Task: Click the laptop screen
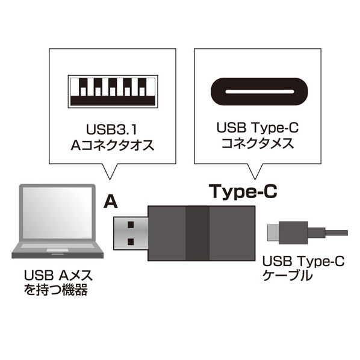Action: (57, 213)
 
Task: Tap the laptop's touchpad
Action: (57, 250)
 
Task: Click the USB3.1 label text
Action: (112, 129)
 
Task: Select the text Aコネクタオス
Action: (113, 145)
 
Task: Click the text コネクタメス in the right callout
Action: (258, 143)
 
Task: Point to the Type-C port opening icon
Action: (259, 92)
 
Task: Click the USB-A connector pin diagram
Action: (113, 92)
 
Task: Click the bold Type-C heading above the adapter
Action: (243, 191)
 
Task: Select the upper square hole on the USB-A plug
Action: (131, 225)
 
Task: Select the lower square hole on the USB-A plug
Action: (131, 242)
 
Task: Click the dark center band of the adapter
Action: (197, 233)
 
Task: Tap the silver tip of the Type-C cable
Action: (273, 232)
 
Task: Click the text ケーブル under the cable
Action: (287, 276)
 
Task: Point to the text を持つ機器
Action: (56, 290)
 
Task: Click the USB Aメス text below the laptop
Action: (58, 275)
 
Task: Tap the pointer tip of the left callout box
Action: (110, 179)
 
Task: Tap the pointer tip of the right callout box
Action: (255, 179)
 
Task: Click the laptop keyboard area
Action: (57, 246)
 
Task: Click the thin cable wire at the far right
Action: (337, 233)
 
